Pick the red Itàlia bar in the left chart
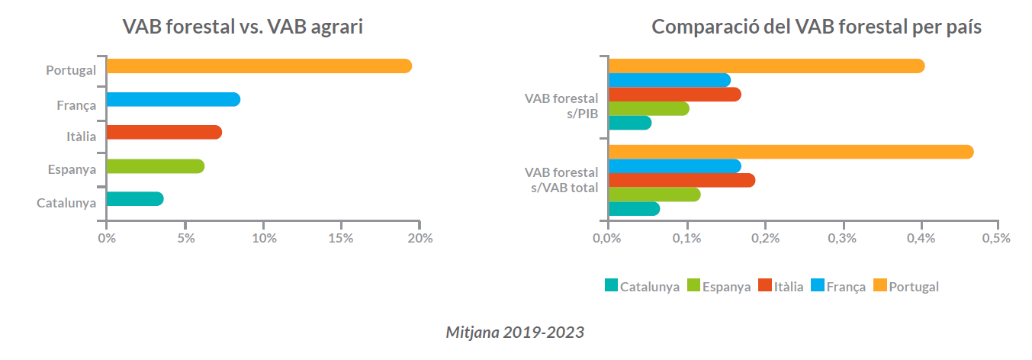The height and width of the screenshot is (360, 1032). [x=163, y=133]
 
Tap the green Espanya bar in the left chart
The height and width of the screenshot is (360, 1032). [x=155, y=166]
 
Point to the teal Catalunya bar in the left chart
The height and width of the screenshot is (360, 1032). [x=134, y=199]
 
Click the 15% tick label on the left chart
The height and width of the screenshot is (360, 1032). [x=341, y=238]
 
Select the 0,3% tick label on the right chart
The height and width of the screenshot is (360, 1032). [x=843, y=238]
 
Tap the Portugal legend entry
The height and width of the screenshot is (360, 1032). [x=906, y=287]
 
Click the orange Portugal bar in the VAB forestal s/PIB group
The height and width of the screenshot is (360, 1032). [x=766, y=66]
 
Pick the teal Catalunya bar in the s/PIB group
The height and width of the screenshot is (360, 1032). [x=629, y=123]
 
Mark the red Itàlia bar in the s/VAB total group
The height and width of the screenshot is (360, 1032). [x=681, y=180]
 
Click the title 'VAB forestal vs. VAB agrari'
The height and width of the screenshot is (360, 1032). [x=243, y=27]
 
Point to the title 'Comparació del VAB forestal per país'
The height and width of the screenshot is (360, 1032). [x=816, y=27]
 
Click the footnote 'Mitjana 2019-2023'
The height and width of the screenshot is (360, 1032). [x=515, y=333]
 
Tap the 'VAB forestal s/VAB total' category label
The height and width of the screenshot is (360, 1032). [x=564, y=180]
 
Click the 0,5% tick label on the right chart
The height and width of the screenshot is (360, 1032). [x=997, y=238]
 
